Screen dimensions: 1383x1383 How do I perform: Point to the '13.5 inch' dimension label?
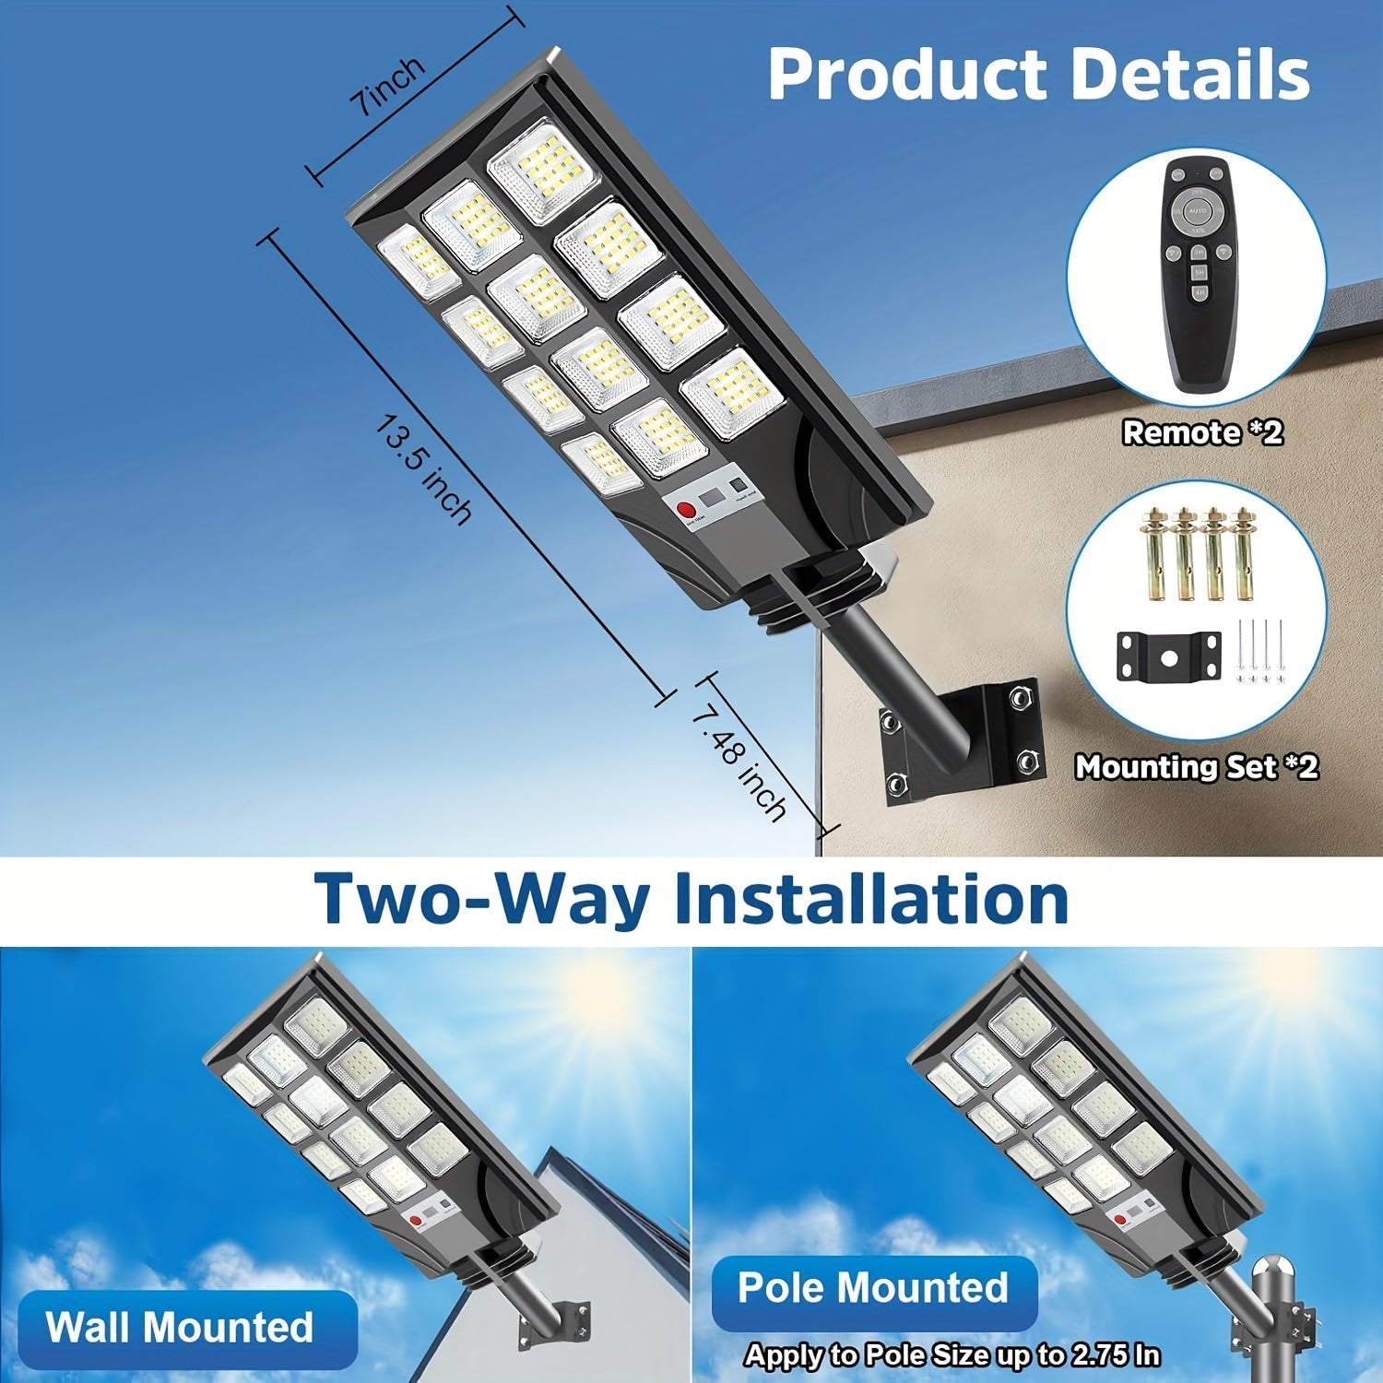pyautogui.click(x=424, y=469)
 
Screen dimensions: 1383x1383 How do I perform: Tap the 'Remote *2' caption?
pyautogui.click(x=1202, y=432)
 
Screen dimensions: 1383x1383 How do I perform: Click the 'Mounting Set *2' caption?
pyautogui.click(x=1197, y=766)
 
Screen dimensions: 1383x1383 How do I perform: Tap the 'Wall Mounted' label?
pyautogui.click(x=180, y=1327)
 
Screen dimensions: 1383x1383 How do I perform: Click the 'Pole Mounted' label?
pyautogui.click(x=873, y=1287)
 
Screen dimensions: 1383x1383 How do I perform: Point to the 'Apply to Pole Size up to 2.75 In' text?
pyautogui.click(x=952, y=1354)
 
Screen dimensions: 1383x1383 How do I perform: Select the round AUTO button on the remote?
pyautogui.click(x=1198, y=211)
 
